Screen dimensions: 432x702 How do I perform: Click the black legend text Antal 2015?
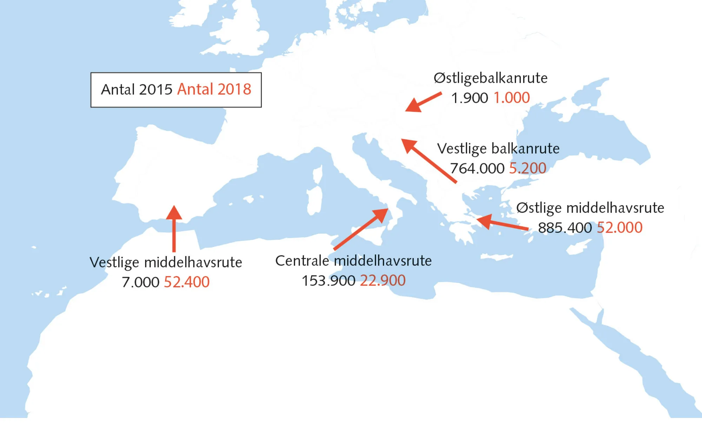[x=137, y=89]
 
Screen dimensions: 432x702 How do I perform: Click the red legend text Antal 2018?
[x=214, y=89]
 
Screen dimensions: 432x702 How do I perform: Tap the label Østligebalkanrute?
[x=490, y=78]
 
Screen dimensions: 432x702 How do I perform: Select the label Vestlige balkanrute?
[x=498, y=149]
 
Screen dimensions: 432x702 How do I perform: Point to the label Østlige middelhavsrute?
[x=590, y=208]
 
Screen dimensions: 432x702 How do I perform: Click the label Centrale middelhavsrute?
[x=353, y=261]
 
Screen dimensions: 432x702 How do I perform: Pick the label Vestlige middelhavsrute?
[x=166, y=262]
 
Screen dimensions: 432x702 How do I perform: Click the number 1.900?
[x=469, y=98]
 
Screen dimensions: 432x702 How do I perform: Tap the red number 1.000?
[x=512, y=98]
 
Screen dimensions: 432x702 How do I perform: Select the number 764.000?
[x=477, y=168]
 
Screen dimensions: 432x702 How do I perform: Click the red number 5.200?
[x=528, y=168]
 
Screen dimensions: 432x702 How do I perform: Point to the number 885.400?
[x=565, y=228]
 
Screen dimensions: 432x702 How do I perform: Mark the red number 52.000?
[x=620, y=228]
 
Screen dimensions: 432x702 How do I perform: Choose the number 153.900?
[x=329, y=281]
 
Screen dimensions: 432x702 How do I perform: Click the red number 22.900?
[x=383, y=281]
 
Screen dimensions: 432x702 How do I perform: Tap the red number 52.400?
[x=187, y=282]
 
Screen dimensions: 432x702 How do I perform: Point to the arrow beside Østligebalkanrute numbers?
[x=423, y=102]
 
